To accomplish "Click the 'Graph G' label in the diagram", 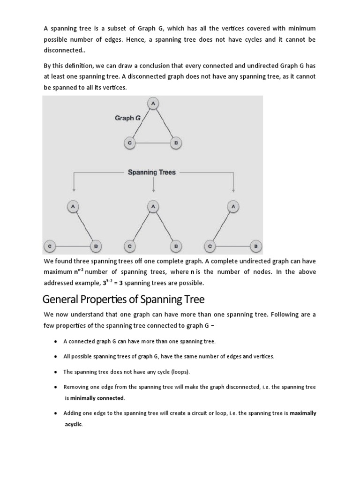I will pyautogui.click(x=127, y=118).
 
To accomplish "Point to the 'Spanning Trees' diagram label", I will pyautogui.click(x=151, y=172).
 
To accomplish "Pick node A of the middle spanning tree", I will pyautogui.click(x=152, y=206).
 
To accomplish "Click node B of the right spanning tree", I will pyautogui.click(x=256, y=245).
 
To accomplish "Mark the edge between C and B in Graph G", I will pyautogui.click(x=152, y=143).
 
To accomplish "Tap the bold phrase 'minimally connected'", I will pyautogui.click(x=97, y=398).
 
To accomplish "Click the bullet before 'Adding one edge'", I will pyautogui.click(x=56, y=413).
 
